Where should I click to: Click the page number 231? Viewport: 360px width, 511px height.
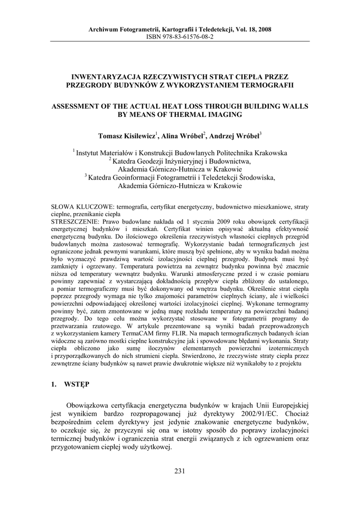click(180, 472)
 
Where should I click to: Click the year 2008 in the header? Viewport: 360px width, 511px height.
click(264, 30)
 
